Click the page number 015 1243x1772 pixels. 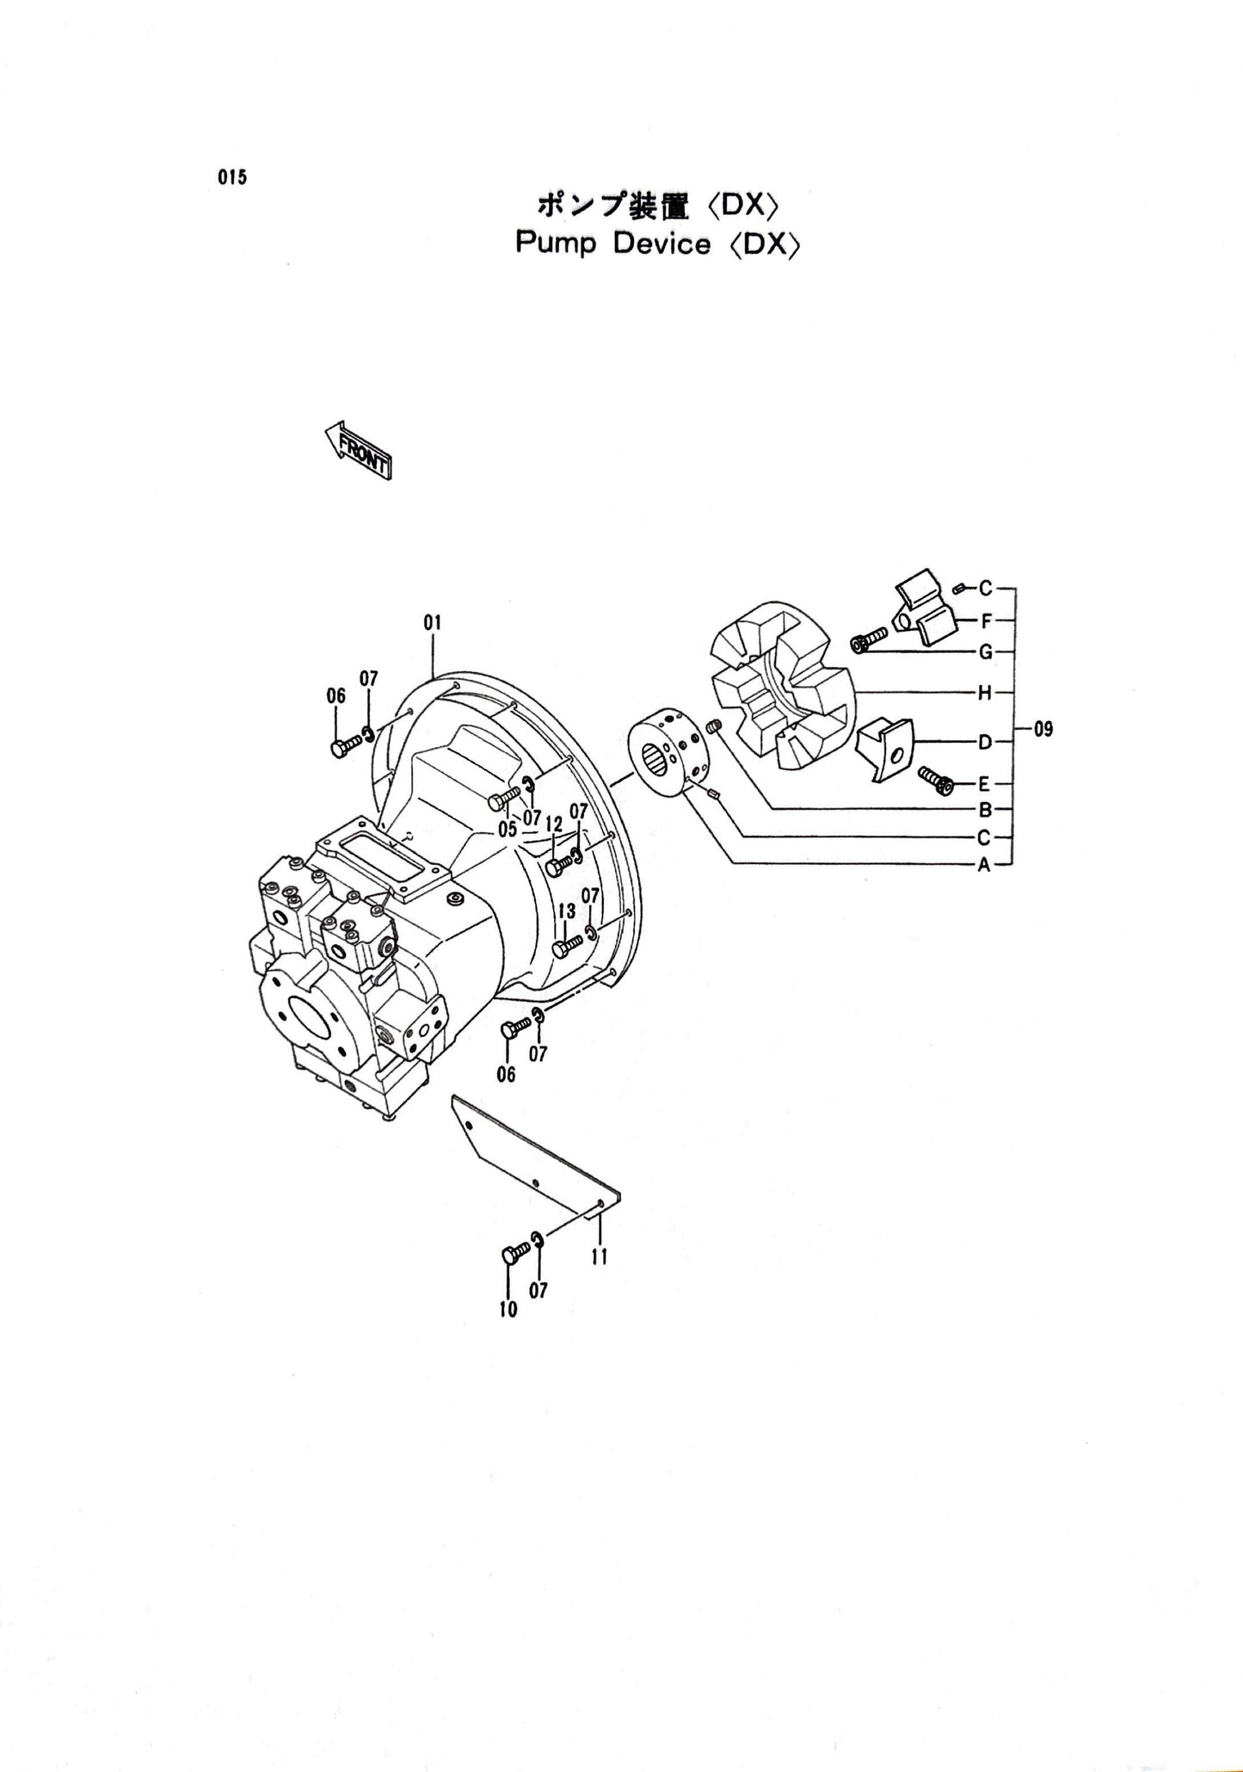pos(232,178)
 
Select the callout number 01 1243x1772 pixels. pos(432,621)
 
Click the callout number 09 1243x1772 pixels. pos(1043,730)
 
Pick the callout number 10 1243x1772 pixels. pos(508,1309)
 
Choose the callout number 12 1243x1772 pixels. pos(553,825)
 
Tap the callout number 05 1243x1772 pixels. pos(507,829)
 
